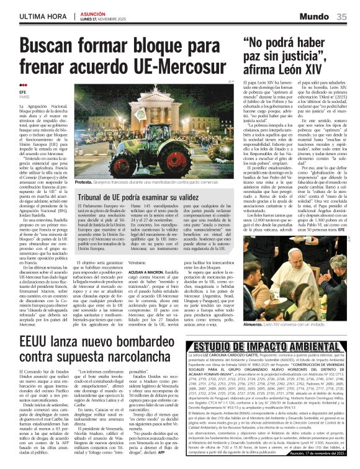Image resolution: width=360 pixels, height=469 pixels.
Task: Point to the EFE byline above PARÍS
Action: tap(23, 92)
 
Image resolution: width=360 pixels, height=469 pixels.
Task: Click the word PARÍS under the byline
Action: tap(24, 97)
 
